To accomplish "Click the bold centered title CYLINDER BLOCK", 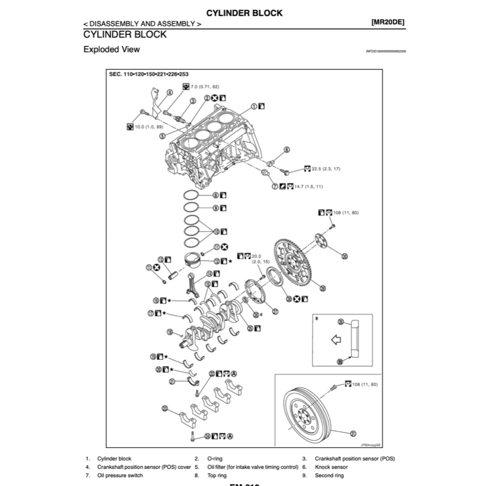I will click(x=244, y=13).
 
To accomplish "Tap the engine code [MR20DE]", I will click(x=388, y=22).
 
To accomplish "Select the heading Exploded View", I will click(x=112, y=49).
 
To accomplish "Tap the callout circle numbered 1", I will click(x=254, y=107).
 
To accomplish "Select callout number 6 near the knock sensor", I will click(x=287, y=150).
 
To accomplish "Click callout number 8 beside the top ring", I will click(x=215, y=195).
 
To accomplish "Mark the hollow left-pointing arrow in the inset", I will click(x=336, y=340).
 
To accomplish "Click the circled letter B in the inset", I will click(x=340, y=362).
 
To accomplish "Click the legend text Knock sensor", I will click(x=331, y=467).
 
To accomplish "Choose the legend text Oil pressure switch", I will click(x=120, y=475).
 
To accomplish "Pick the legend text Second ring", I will click(x=329, y=475).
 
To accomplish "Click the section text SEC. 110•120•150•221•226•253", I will click(x=149, y=75).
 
